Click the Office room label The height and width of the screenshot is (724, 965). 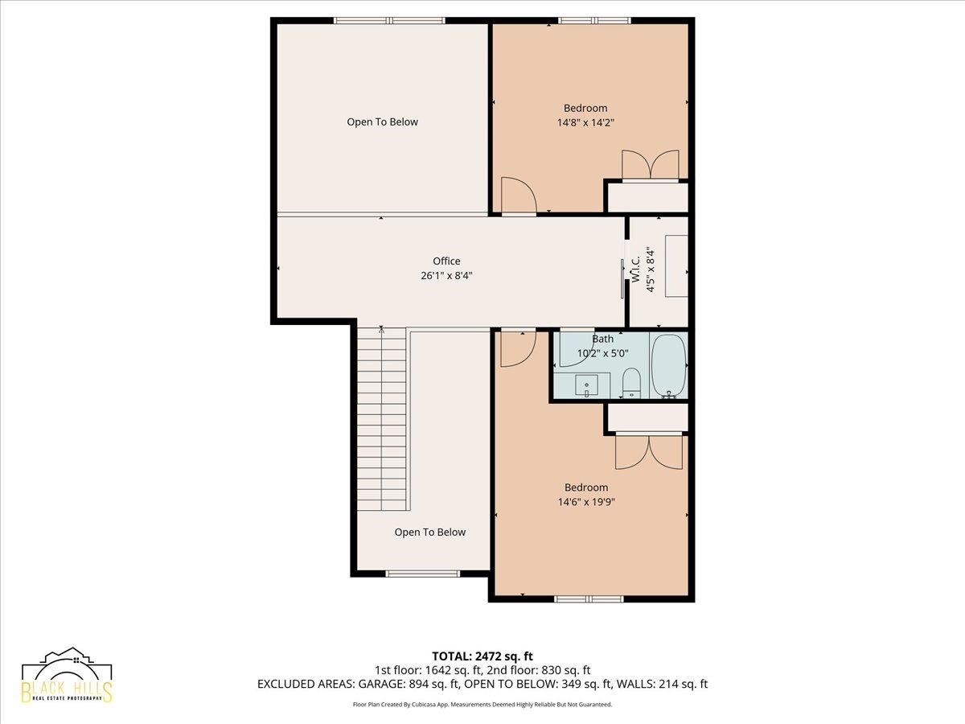[446, 261]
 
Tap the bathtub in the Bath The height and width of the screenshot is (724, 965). [669, 366]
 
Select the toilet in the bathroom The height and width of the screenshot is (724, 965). [632, 383]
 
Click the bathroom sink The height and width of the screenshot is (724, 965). [586, 385]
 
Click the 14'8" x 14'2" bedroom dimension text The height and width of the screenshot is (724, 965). [585, 122]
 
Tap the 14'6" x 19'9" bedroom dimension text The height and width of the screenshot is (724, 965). [586, 502]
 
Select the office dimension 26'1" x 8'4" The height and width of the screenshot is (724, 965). [446, 276]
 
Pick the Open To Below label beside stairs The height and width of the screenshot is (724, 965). [429, 533]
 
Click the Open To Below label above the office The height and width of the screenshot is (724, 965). [382, 122]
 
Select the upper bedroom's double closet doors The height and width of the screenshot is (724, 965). [651, 165]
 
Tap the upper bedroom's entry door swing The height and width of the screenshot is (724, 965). [519, 195]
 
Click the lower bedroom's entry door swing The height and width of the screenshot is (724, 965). [519, 349]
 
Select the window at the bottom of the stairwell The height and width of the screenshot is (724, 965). [422, 574]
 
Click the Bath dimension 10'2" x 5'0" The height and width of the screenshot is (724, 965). [603, 353]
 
